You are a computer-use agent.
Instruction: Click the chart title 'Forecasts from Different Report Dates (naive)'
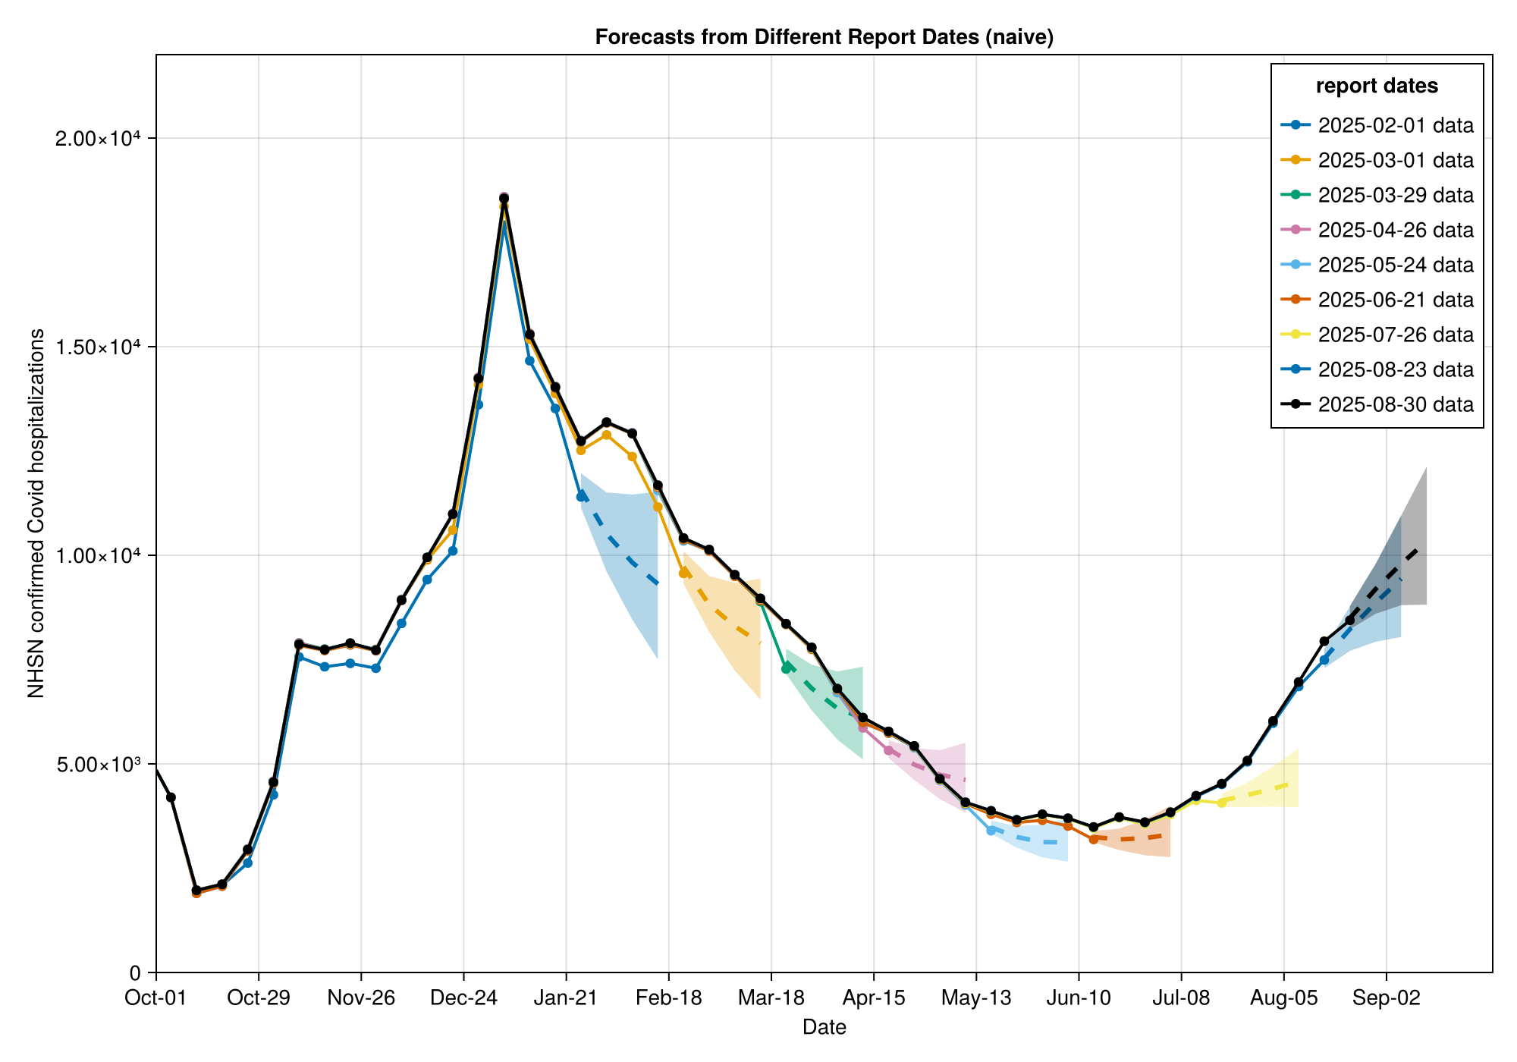824,37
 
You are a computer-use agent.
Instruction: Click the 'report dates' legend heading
1377,86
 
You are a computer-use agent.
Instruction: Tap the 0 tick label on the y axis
135,972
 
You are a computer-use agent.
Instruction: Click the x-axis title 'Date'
824,1028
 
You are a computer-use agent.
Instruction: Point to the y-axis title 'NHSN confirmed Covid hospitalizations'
36,514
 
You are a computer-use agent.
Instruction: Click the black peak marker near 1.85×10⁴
504,199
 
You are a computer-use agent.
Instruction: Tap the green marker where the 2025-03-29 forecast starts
787,668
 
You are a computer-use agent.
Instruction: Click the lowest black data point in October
196,890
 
